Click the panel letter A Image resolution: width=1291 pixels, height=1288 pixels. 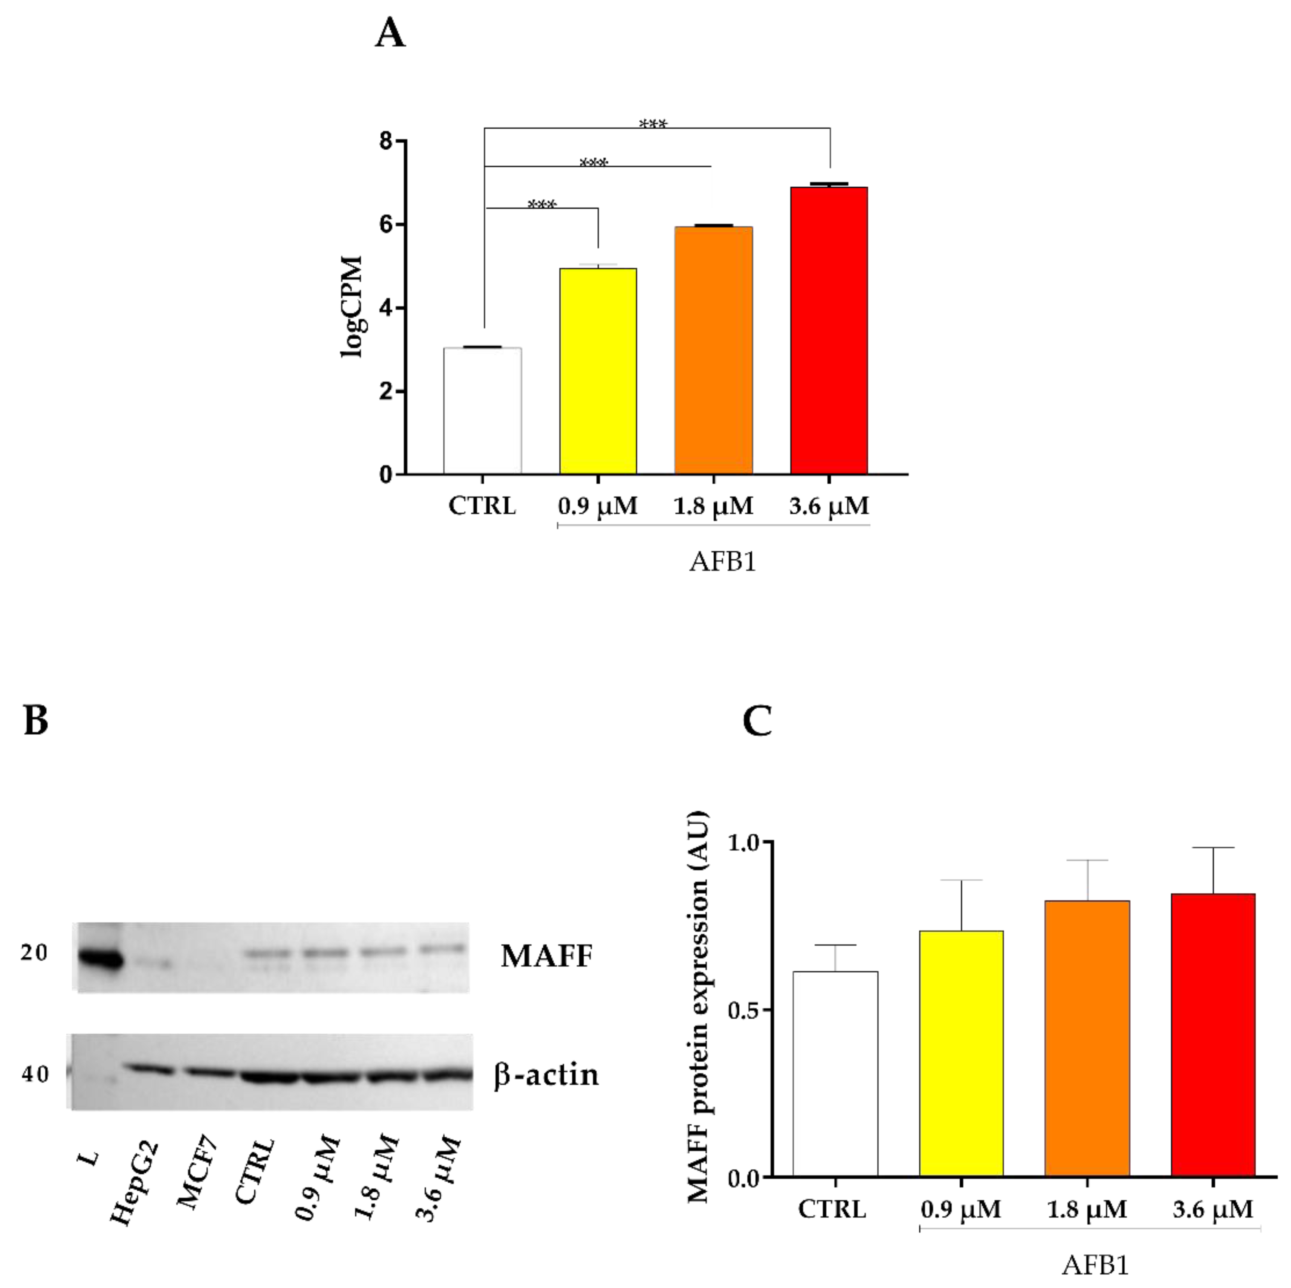pyautogui.click(x=390, y=33)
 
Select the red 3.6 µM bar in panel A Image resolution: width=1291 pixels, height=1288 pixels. pyautogui.click(x=828, y=331)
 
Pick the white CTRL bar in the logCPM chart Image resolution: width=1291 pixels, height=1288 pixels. pyautogui.click(x=483, y=411)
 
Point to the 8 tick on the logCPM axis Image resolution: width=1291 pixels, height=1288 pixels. pyautogui.click(x=385, y=142)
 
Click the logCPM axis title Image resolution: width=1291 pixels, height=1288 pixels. pyautogui.click(x=352, y=307)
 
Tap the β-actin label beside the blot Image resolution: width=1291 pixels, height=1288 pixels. pyautogui.click(x=546, y=1075)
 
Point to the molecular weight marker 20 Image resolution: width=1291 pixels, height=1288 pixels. pyautogui.click(x=35, y=953)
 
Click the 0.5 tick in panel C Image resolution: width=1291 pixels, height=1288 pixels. pyautogui.click(x=743, y=1010)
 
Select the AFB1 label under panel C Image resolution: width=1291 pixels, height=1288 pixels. pyautogui.click(x=1094, y=1265)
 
